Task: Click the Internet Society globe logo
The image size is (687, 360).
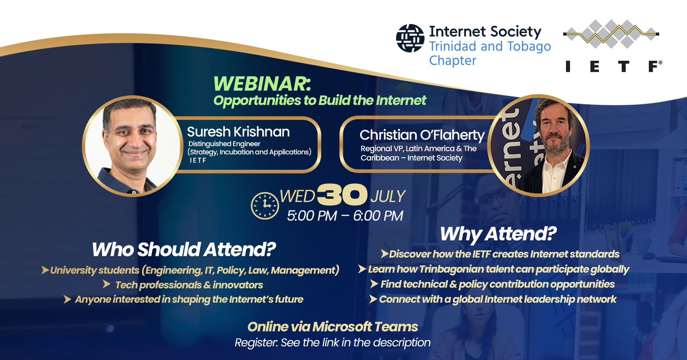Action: coord(410,38)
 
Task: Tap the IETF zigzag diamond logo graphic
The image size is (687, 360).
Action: coord(611,34)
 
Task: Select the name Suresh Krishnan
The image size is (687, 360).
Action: coord(238,131)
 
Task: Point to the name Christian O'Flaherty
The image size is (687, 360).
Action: coord(422,135)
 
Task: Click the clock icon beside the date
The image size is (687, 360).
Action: coord(265,206)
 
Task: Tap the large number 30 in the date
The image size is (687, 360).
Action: coord(342,195)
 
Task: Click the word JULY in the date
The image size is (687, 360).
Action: coord(388,196)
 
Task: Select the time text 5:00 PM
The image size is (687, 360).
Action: coord(312,216)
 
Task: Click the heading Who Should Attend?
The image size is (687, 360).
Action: coord(184,249)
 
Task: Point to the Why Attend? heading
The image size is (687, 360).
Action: coord(499,234)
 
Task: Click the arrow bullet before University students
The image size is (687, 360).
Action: coord(45,270)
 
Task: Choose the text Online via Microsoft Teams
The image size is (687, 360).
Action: coord(333,327)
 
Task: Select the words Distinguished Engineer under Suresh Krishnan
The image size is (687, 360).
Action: coord(224,143)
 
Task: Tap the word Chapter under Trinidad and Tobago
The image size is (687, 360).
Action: coord(453,61)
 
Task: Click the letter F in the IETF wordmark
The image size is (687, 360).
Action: coord(653,66)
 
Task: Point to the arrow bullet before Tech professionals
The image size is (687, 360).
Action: coord(107,284)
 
